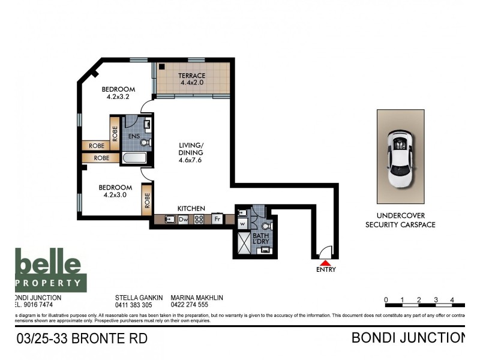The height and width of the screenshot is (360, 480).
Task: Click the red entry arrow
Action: click(325, 262)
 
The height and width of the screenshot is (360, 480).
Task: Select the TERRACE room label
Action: click(191, 76)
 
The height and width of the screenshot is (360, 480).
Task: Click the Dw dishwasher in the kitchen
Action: click(184, 220)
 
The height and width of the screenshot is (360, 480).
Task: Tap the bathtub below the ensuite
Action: click(134, 158)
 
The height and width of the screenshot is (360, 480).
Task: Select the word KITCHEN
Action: click(191, 208)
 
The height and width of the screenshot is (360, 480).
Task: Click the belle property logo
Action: click(50, 270)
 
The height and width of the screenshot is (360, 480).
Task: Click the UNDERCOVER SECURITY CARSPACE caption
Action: click(400, 220)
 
